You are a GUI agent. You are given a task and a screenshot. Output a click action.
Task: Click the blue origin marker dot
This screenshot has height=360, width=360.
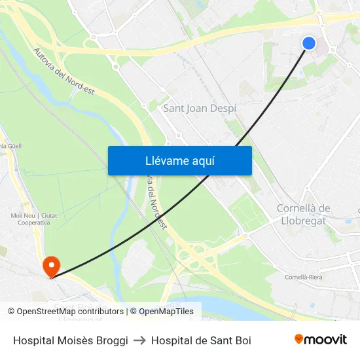tap(309, 43)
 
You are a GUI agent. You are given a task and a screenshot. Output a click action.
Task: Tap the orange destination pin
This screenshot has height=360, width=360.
tap(50, 266)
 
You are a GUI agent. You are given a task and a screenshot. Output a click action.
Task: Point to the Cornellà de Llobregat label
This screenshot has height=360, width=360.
tap(303, 214)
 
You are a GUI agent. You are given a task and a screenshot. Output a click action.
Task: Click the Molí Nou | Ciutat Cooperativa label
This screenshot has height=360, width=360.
tap(30, 219)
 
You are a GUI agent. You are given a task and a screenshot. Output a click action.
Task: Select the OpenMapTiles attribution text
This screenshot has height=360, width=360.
tap(166, 312)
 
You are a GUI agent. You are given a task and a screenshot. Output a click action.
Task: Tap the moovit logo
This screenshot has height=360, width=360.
tap(321, 339)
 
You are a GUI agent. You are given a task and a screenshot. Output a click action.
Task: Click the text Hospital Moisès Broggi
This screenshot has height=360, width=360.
tap(71, 340)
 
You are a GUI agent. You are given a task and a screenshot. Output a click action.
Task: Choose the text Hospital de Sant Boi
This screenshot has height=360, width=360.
tap(201, 340)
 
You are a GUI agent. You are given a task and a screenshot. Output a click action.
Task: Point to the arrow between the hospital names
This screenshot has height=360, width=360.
tap(139, 340)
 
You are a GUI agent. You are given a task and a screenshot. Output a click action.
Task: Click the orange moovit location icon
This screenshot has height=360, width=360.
tap(299, 338)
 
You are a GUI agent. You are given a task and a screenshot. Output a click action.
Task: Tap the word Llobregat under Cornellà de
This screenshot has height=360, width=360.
tap(303, 221)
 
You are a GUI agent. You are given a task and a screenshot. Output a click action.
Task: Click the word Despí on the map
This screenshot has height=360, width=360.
tap(223, 109)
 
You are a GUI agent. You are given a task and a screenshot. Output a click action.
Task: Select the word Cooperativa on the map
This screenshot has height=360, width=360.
tap(30, 223)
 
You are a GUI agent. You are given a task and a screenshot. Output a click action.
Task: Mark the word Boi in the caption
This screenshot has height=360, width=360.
tap(243, 340)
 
